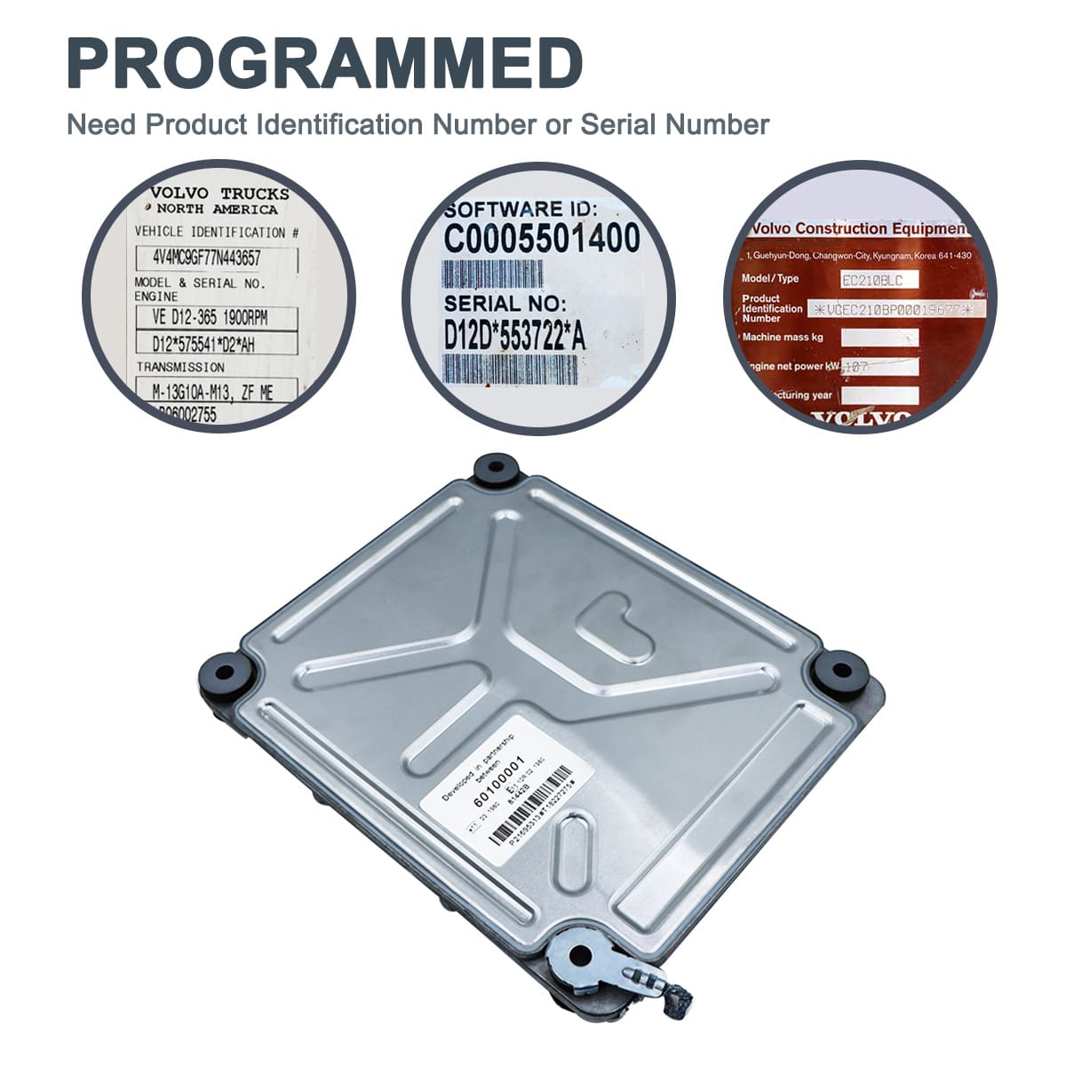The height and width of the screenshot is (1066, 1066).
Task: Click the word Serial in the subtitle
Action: coord(622,124)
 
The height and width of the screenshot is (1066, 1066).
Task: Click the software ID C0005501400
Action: coord(542,239)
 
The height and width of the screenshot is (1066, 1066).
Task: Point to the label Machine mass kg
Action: coord(783,338)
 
